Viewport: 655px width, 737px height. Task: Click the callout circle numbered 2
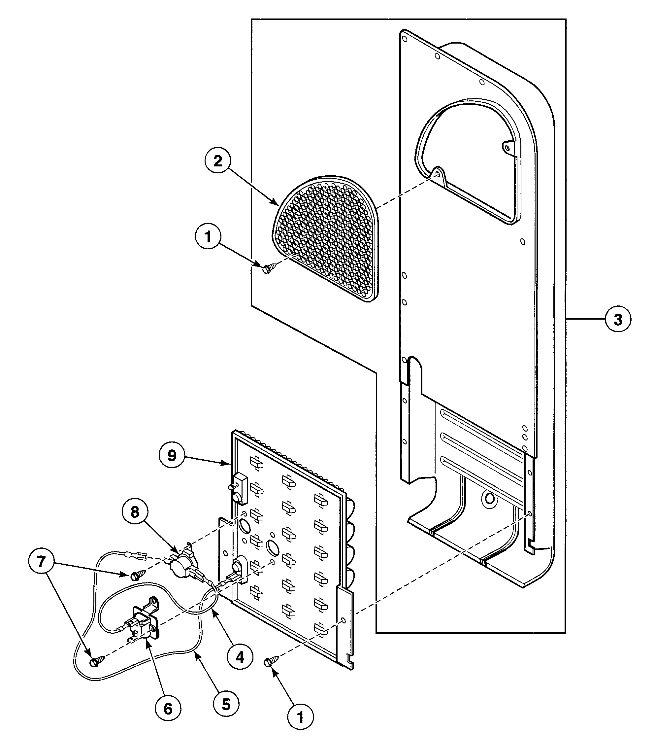point(217,161)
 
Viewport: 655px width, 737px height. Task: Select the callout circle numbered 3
point(617,319)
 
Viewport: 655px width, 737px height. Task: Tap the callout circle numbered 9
point(172,456)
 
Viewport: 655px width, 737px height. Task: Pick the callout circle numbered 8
point(135,512)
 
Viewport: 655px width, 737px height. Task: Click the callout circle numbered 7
point(41,561)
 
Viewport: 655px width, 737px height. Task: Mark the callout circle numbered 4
point(240,657)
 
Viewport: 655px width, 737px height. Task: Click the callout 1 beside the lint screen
point(208,237)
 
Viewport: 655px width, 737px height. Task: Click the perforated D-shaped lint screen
point(326,238)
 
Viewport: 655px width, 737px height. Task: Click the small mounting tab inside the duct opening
point(507,147)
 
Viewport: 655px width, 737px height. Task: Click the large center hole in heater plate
point(272,547)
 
